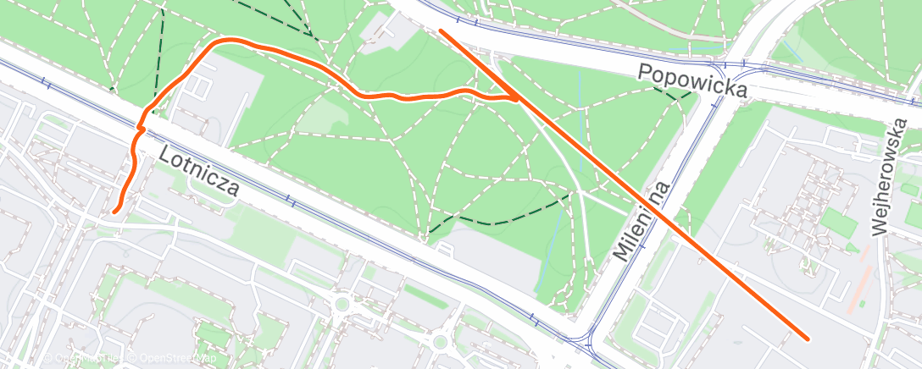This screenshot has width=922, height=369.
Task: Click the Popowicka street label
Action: click(x=693, y=80)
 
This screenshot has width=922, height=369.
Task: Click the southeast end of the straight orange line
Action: click(x=808, y=338)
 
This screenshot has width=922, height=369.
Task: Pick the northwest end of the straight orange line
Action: click(x=442, y=31)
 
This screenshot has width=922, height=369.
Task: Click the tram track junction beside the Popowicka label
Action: click(x=721, y=67)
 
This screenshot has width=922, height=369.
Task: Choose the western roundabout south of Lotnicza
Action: click(x=342, y=304)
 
